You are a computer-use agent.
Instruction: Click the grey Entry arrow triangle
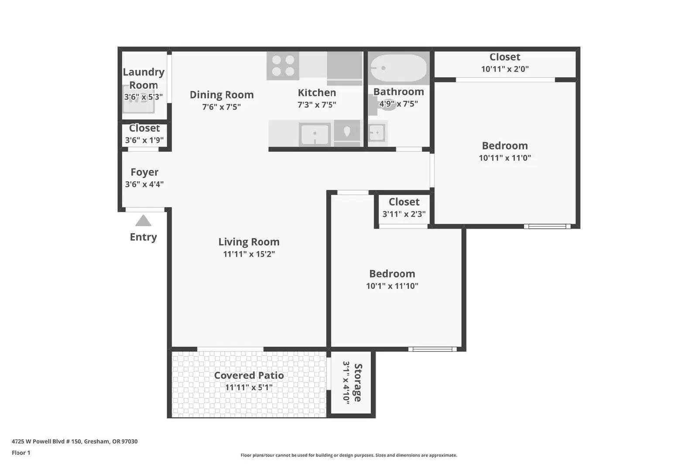[x=143, y=221]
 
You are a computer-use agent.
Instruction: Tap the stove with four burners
[x=283, y=66]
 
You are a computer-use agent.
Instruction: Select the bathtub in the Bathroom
[x=398, y=68]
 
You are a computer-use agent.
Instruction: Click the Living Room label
[x=249, y=242]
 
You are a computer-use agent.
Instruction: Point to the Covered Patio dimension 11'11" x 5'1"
[x=249, y=387]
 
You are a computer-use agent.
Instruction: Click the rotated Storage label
[x=358, y=383]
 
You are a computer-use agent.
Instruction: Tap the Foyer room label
[x=144, y=172]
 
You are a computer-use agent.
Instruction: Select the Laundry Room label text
[x=144, y=78]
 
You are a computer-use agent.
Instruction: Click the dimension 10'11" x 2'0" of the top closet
[x=505, y=69]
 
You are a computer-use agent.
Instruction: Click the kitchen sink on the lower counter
[x=315, y=134]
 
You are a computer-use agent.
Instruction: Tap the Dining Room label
[x=222, y=95]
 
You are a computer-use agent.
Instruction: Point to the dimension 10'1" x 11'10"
[x=392, y=286]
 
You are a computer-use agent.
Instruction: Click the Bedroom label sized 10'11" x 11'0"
[x=505, y=146]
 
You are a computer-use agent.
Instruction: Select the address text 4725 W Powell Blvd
[x=74, y=441]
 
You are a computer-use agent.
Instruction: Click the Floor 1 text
[x=21, y=453]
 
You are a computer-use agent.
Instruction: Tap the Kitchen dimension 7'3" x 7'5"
[x=317, y=105]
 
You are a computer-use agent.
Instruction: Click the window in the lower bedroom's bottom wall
[x=432, y=349]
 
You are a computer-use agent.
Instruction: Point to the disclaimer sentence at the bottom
[x=349, y=455]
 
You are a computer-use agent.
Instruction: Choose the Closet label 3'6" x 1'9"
[x=144, y=128]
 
